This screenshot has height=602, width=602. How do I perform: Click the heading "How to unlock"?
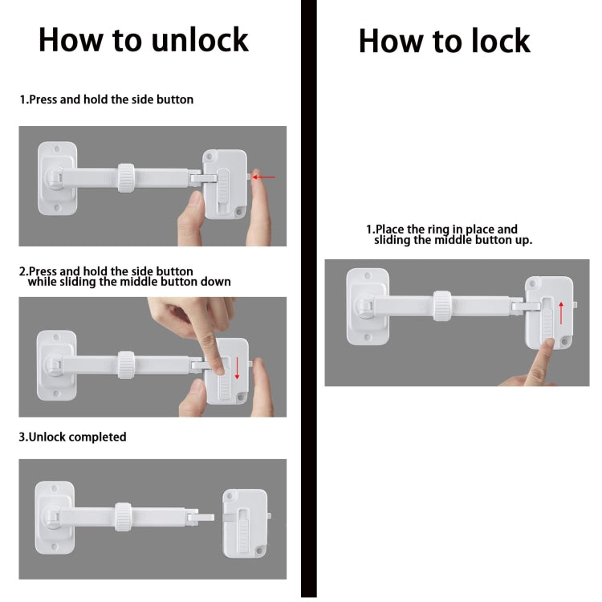tap(144, 39)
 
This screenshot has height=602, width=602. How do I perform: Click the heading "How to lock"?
tap(444, 41)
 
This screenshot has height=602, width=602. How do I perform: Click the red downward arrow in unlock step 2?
tap(238, 368)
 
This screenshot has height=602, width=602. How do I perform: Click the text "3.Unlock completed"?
tap(73, 437)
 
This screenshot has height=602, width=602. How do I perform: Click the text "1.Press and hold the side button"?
tap(107, 100)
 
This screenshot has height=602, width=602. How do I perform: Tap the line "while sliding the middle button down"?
tap(129, 282)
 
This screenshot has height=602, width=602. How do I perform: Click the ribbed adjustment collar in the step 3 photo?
tap(124, 517)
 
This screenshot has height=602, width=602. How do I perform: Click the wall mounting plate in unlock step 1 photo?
tap(56, 177)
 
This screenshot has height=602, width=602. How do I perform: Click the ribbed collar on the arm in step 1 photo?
tap(126, 177)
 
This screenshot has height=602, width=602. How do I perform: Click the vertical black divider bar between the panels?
tap(308, 301)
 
